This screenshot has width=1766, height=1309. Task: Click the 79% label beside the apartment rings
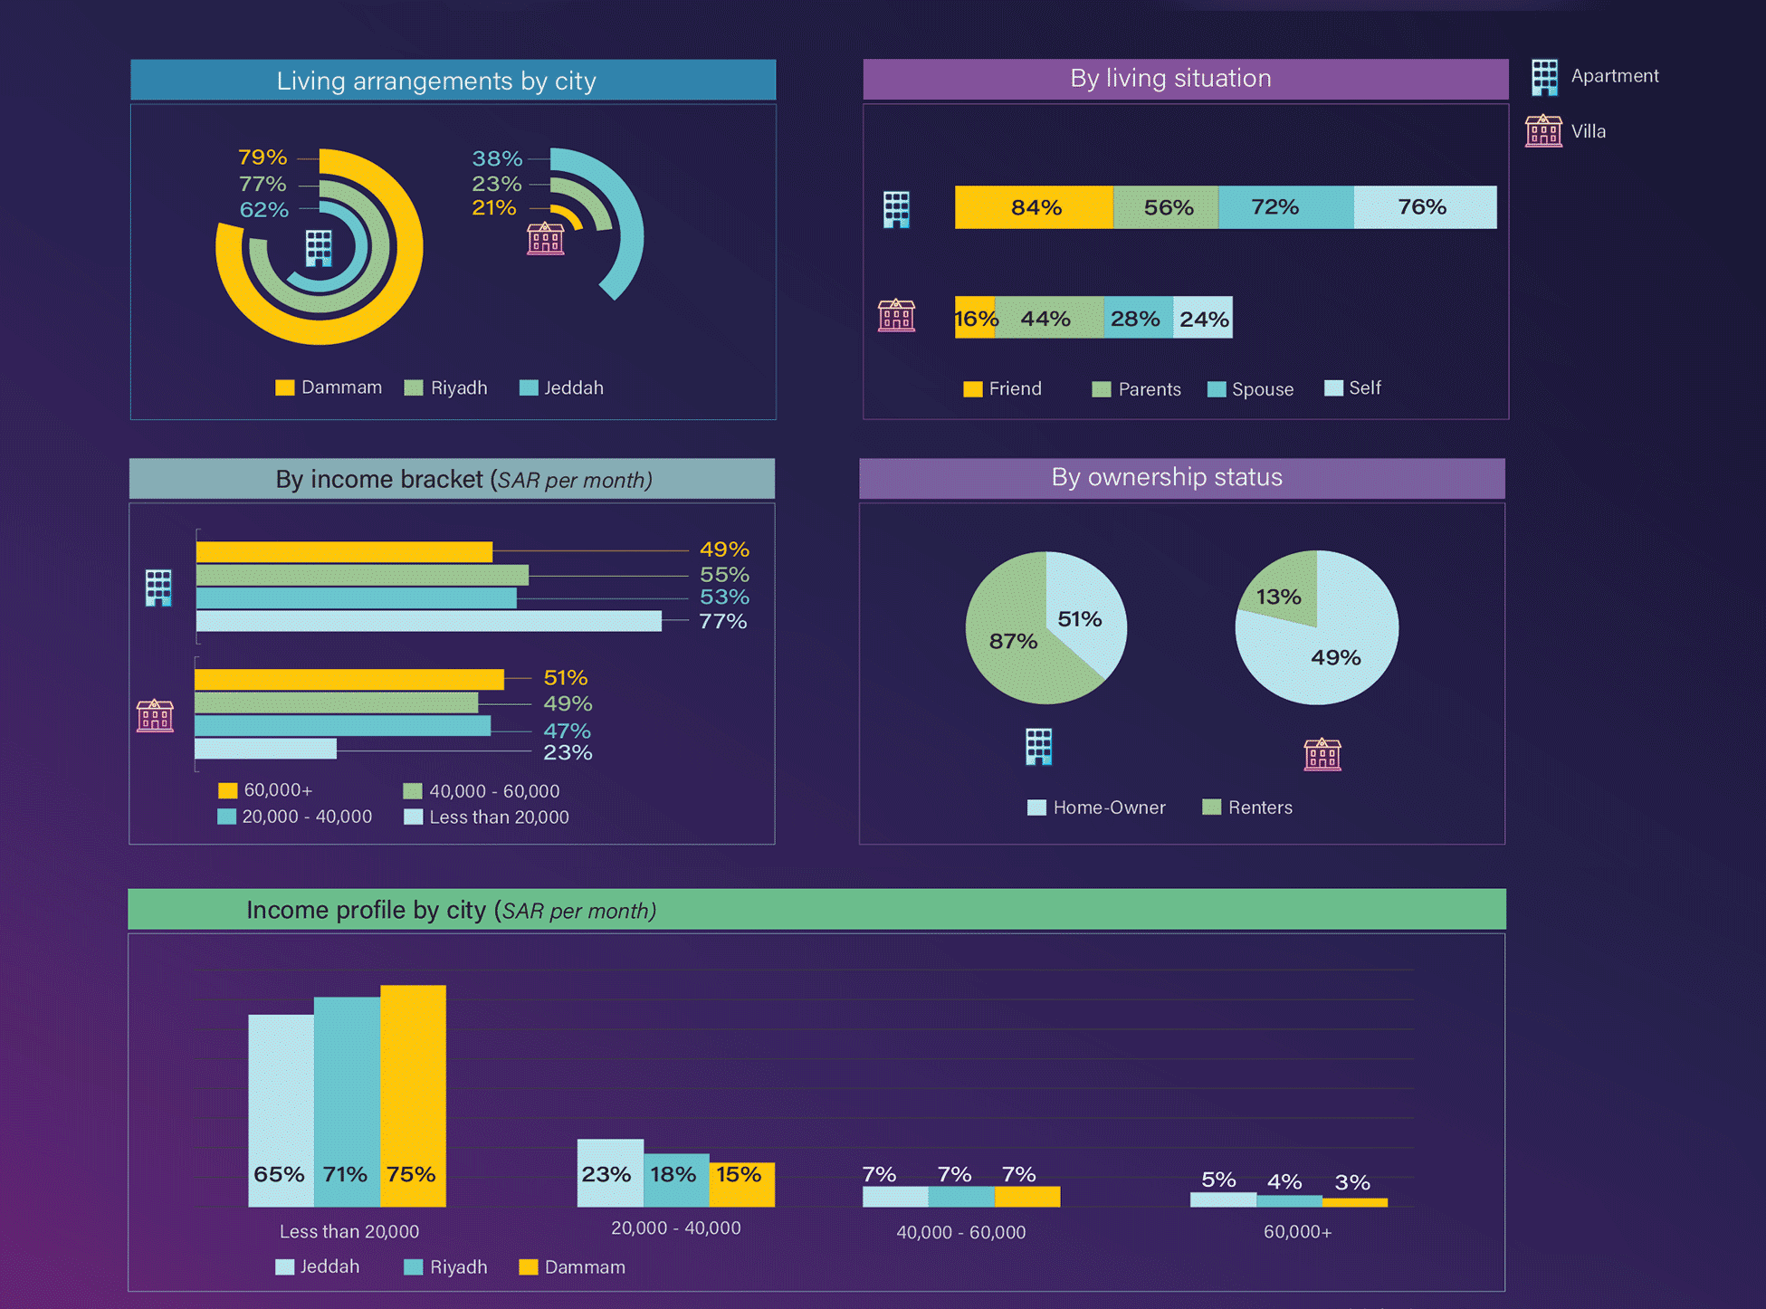tap(263, 158)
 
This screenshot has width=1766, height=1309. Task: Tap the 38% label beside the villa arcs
tap(497, 158)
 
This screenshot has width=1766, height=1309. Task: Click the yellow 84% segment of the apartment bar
tap(1034, 207)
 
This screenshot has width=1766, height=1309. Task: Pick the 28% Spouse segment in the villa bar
tap(1137, 319)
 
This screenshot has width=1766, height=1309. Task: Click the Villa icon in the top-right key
tap(1543, 131)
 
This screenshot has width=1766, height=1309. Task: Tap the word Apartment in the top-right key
tap(1615, 76)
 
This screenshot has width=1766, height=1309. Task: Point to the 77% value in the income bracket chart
tap(722, 622)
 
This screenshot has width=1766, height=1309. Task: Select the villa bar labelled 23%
tap(265, 750)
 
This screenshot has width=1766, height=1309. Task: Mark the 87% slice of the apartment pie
tap(1012, 641)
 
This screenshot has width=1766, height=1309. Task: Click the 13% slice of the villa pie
tap(1278, 597)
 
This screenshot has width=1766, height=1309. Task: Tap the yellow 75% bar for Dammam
tap(413, 1095)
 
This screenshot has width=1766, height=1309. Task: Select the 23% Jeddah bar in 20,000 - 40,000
tap(610, 1173)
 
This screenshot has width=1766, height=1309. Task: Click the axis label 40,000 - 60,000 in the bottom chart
tap(960, 1232)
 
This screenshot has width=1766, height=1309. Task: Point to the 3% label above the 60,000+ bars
tap(1352, 1182)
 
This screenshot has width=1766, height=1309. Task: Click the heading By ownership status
tap(1167, 477)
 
